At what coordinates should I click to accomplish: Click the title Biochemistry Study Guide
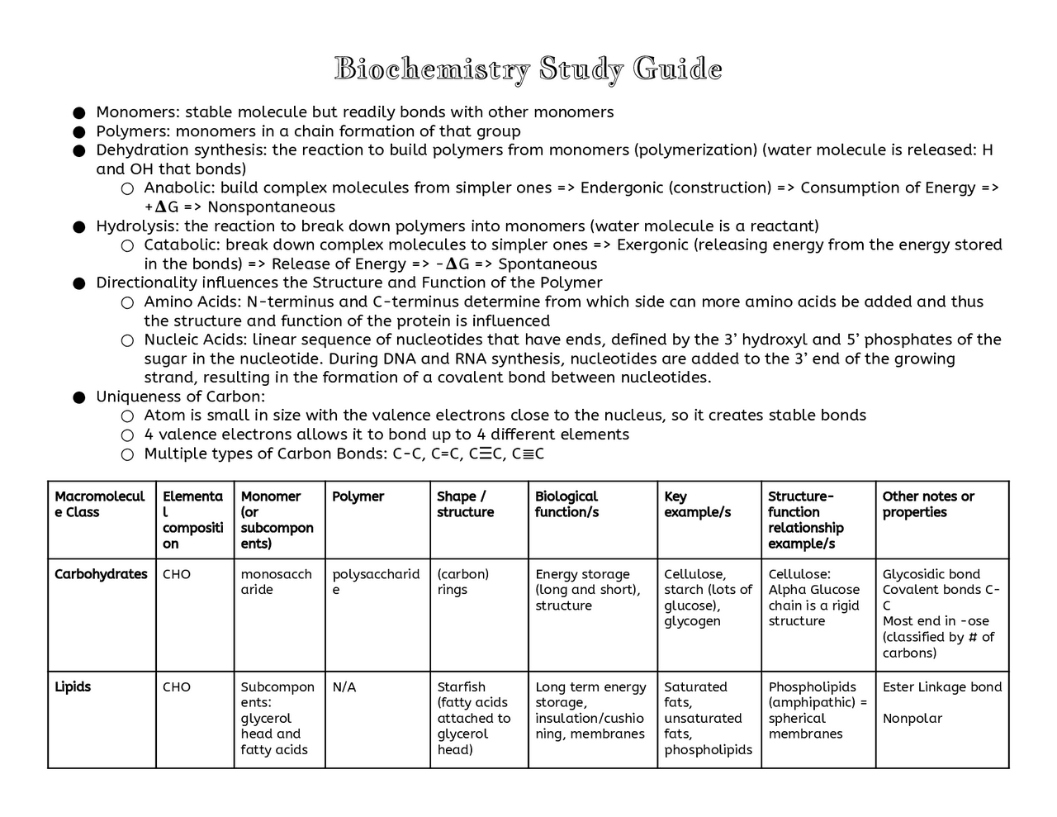point(528,69)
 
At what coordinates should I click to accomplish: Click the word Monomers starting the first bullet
point(136,112)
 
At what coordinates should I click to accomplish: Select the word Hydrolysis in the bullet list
point(135,226)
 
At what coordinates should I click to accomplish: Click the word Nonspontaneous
point(271,207)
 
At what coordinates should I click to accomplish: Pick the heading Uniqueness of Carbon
point(180,397)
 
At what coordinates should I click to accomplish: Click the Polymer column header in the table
point(358,496)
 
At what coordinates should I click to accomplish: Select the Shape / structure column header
point(465,504)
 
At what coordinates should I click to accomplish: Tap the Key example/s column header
point(697,504)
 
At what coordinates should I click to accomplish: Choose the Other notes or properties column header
point(928,504)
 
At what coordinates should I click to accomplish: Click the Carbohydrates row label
point(101,574)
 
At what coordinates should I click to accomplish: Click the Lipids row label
point(73,687)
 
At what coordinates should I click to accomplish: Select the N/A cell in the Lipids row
point(344,687)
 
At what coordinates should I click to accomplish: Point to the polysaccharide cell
point(375,582)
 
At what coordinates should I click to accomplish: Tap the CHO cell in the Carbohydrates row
point(177,574)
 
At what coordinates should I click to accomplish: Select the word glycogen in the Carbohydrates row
point(692,621)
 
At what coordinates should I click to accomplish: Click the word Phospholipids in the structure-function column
point(812,687)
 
